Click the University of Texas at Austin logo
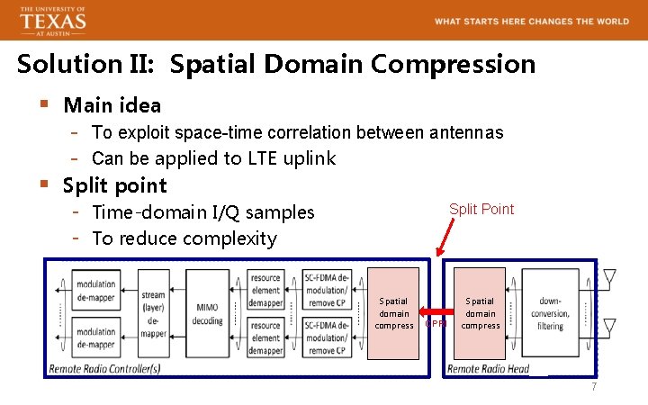53,20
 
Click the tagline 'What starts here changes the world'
532,21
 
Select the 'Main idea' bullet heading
112,105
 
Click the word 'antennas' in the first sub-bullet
466,133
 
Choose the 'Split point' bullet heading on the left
114,185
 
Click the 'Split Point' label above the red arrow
481,209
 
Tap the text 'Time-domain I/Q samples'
203,212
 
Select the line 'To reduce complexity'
184,238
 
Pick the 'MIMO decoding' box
207,314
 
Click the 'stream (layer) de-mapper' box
153,314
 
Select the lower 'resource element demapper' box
266,337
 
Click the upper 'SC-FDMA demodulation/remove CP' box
325,291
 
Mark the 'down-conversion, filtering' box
550,314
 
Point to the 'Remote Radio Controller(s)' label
105,369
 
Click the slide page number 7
593,387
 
